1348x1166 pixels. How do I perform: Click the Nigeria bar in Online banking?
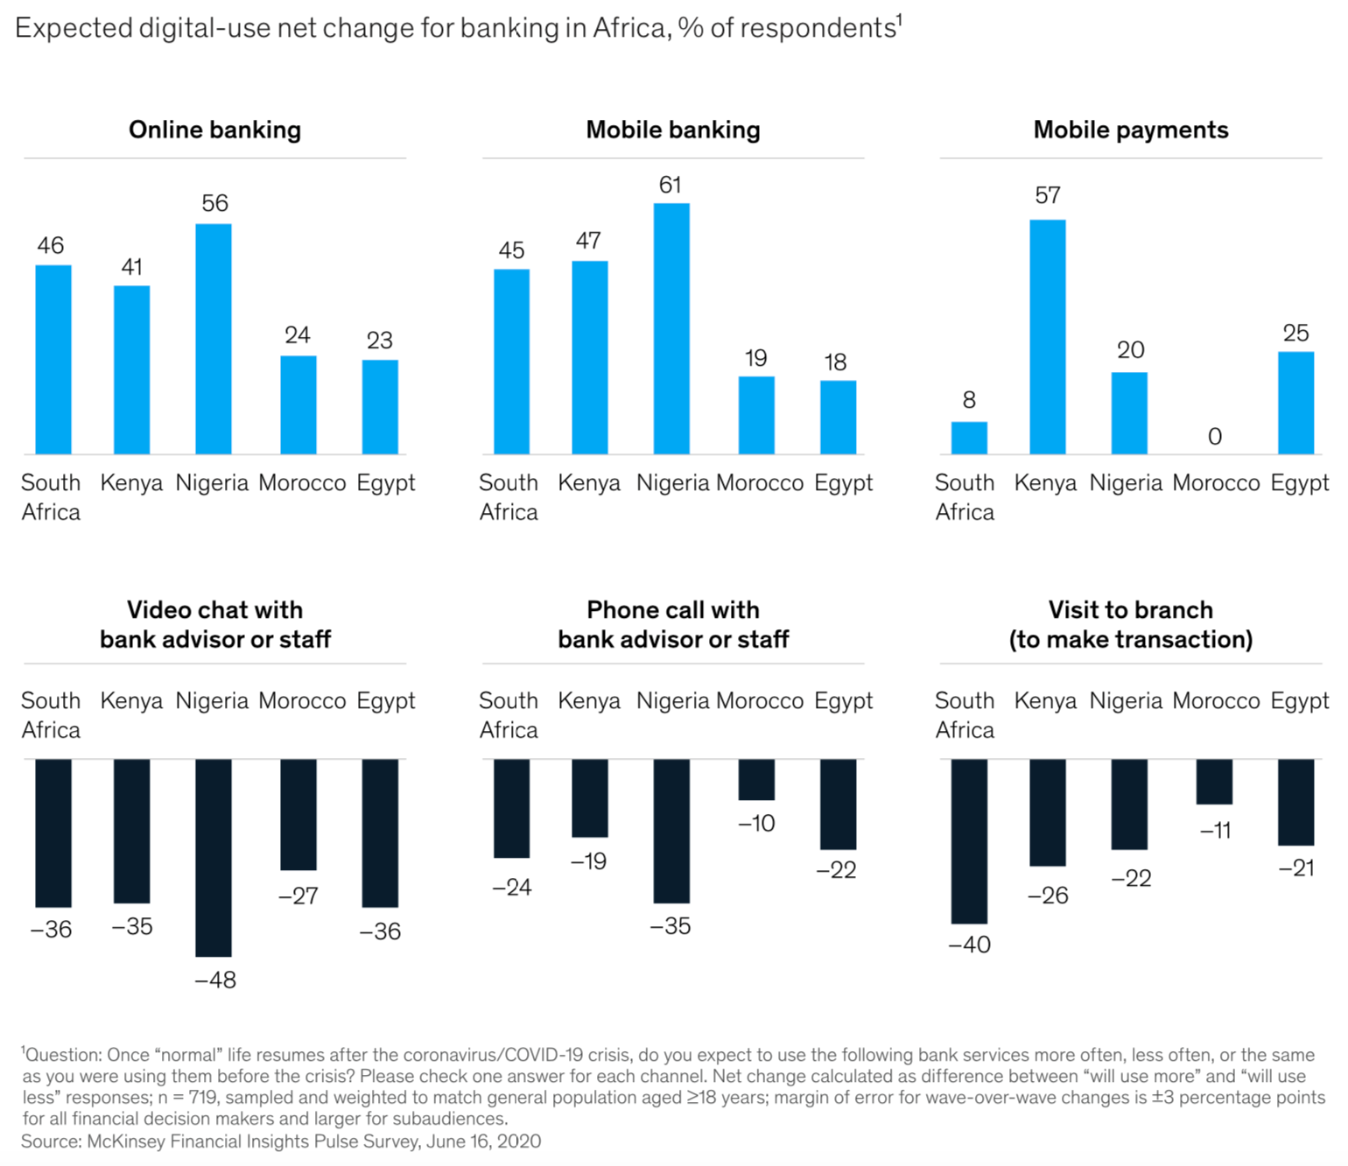[213, 339]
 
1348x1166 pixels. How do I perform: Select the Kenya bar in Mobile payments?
[1047, 337]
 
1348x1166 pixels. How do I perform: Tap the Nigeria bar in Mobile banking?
[671, 328]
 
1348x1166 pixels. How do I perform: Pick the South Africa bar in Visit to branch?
[969, 840]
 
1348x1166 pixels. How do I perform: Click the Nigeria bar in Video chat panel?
[213, 857]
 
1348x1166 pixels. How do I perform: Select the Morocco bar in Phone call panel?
[756, 779]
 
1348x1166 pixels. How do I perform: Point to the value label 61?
[670, 185]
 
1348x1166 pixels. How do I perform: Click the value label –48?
[215, 980]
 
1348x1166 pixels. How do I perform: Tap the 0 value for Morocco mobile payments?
[1214, 436]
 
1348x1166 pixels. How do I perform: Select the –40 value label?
[969, 945]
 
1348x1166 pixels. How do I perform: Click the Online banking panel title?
[214, 130]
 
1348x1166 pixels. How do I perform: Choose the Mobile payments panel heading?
[1130, 130]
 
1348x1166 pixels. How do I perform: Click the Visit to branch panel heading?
[1130, 624]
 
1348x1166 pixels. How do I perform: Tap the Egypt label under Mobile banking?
[843, 482]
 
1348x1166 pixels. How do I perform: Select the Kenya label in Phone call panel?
[589, 700]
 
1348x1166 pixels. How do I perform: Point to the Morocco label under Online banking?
[302, 482]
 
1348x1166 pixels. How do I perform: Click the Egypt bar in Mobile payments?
[1295, 403]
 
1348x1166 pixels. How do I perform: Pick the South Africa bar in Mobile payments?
[969, 438]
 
